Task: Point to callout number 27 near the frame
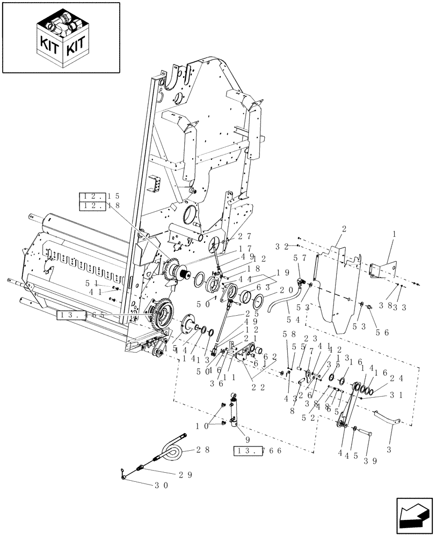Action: click(245, 236)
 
